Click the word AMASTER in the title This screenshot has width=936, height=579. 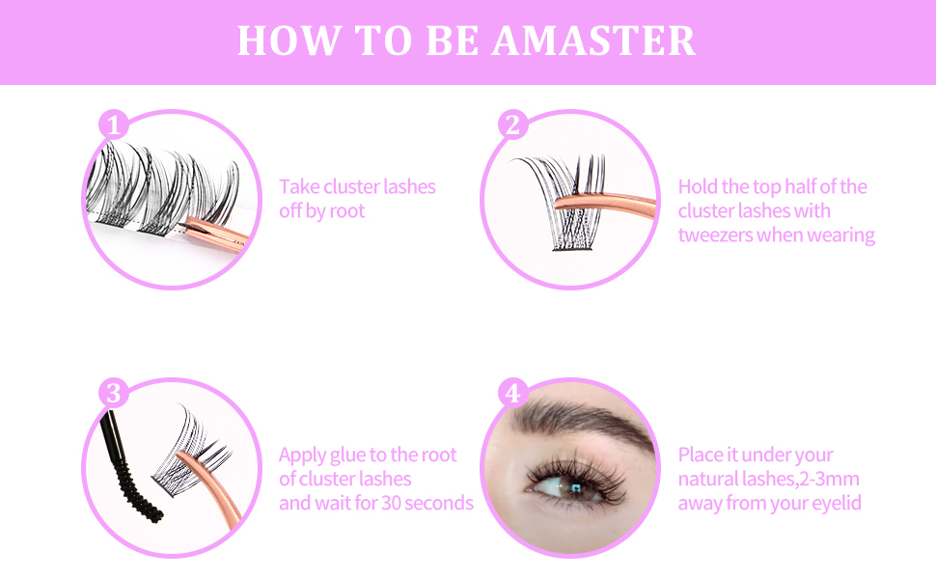click(593, 41)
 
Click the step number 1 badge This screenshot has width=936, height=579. click(114, 124)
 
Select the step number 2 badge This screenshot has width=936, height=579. click(513, 124)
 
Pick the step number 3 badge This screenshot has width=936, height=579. click(114, 393)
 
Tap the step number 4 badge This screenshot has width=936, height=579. click(513, 393)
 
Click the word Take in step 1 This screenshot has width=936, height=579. click(299, 186)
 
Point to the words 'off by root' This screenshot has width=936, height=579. click(322, 210)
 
